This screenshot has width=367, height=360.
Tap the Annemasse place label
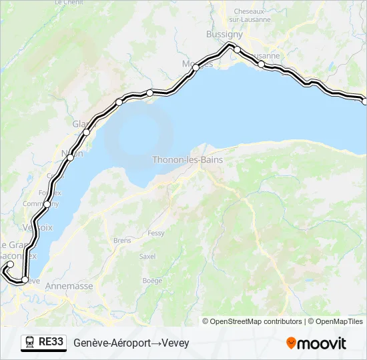(73, 286)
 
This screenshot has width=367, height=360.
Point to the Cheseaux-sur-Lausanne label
(252, 15)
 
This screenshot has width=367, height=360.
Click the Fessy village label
(156, 233)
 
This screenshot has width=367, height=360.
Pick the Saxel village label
(147, 256)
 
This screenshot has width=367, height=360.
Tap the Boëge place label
(152, 281)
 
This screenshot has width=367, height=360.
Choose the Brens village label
(122, 240)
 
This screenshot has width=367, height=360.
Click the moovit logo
(316, 343)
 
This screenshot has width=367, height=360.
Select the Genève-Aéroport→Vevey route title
(131, 343)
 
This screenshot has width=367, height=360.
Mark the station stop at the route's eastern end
(364, 101)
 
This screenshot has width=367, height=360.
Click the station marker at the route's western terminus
(10, 265)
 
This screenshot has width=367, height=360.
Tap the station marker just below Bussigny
(237, 49)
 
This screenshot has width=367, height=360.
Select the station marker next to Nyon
(70, 158)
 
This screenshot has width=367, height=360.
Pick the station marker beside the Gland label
(86, 132)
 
